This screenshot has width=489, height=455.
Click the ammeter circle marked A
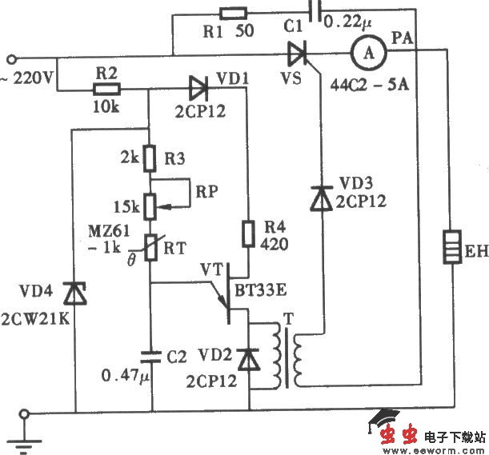[367, 54]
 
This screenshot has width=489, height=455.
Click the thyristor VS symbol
[299, 54]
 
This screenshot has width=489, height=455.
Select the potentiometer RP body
[149, 205]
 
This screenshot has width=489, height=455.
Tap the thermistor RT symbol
[149, 245]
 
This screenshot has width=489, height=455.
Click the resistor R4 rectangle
[248, 233]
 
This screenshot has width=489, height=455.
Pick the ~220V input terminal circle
[11, 58]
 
